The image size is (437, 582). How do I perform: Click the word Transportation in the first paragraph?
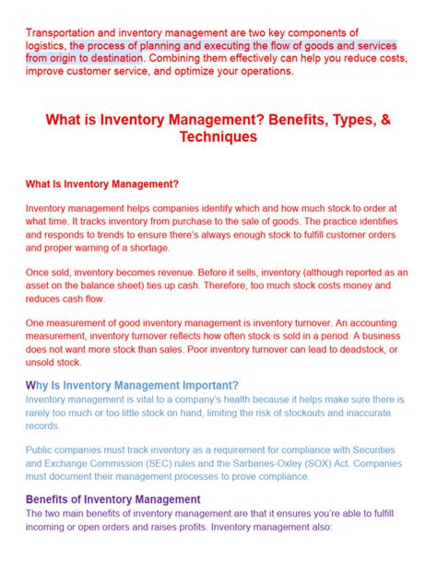[61, 32]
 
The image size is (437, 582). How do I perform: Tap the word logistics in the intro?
[45, 44]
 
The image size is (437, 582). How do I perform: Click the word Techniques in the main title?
[218, 137]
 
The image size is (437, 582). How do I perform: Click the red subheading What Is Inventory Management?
[101, 184]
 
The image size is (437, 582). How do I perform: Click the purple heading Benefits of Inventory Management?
[112, 499]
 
